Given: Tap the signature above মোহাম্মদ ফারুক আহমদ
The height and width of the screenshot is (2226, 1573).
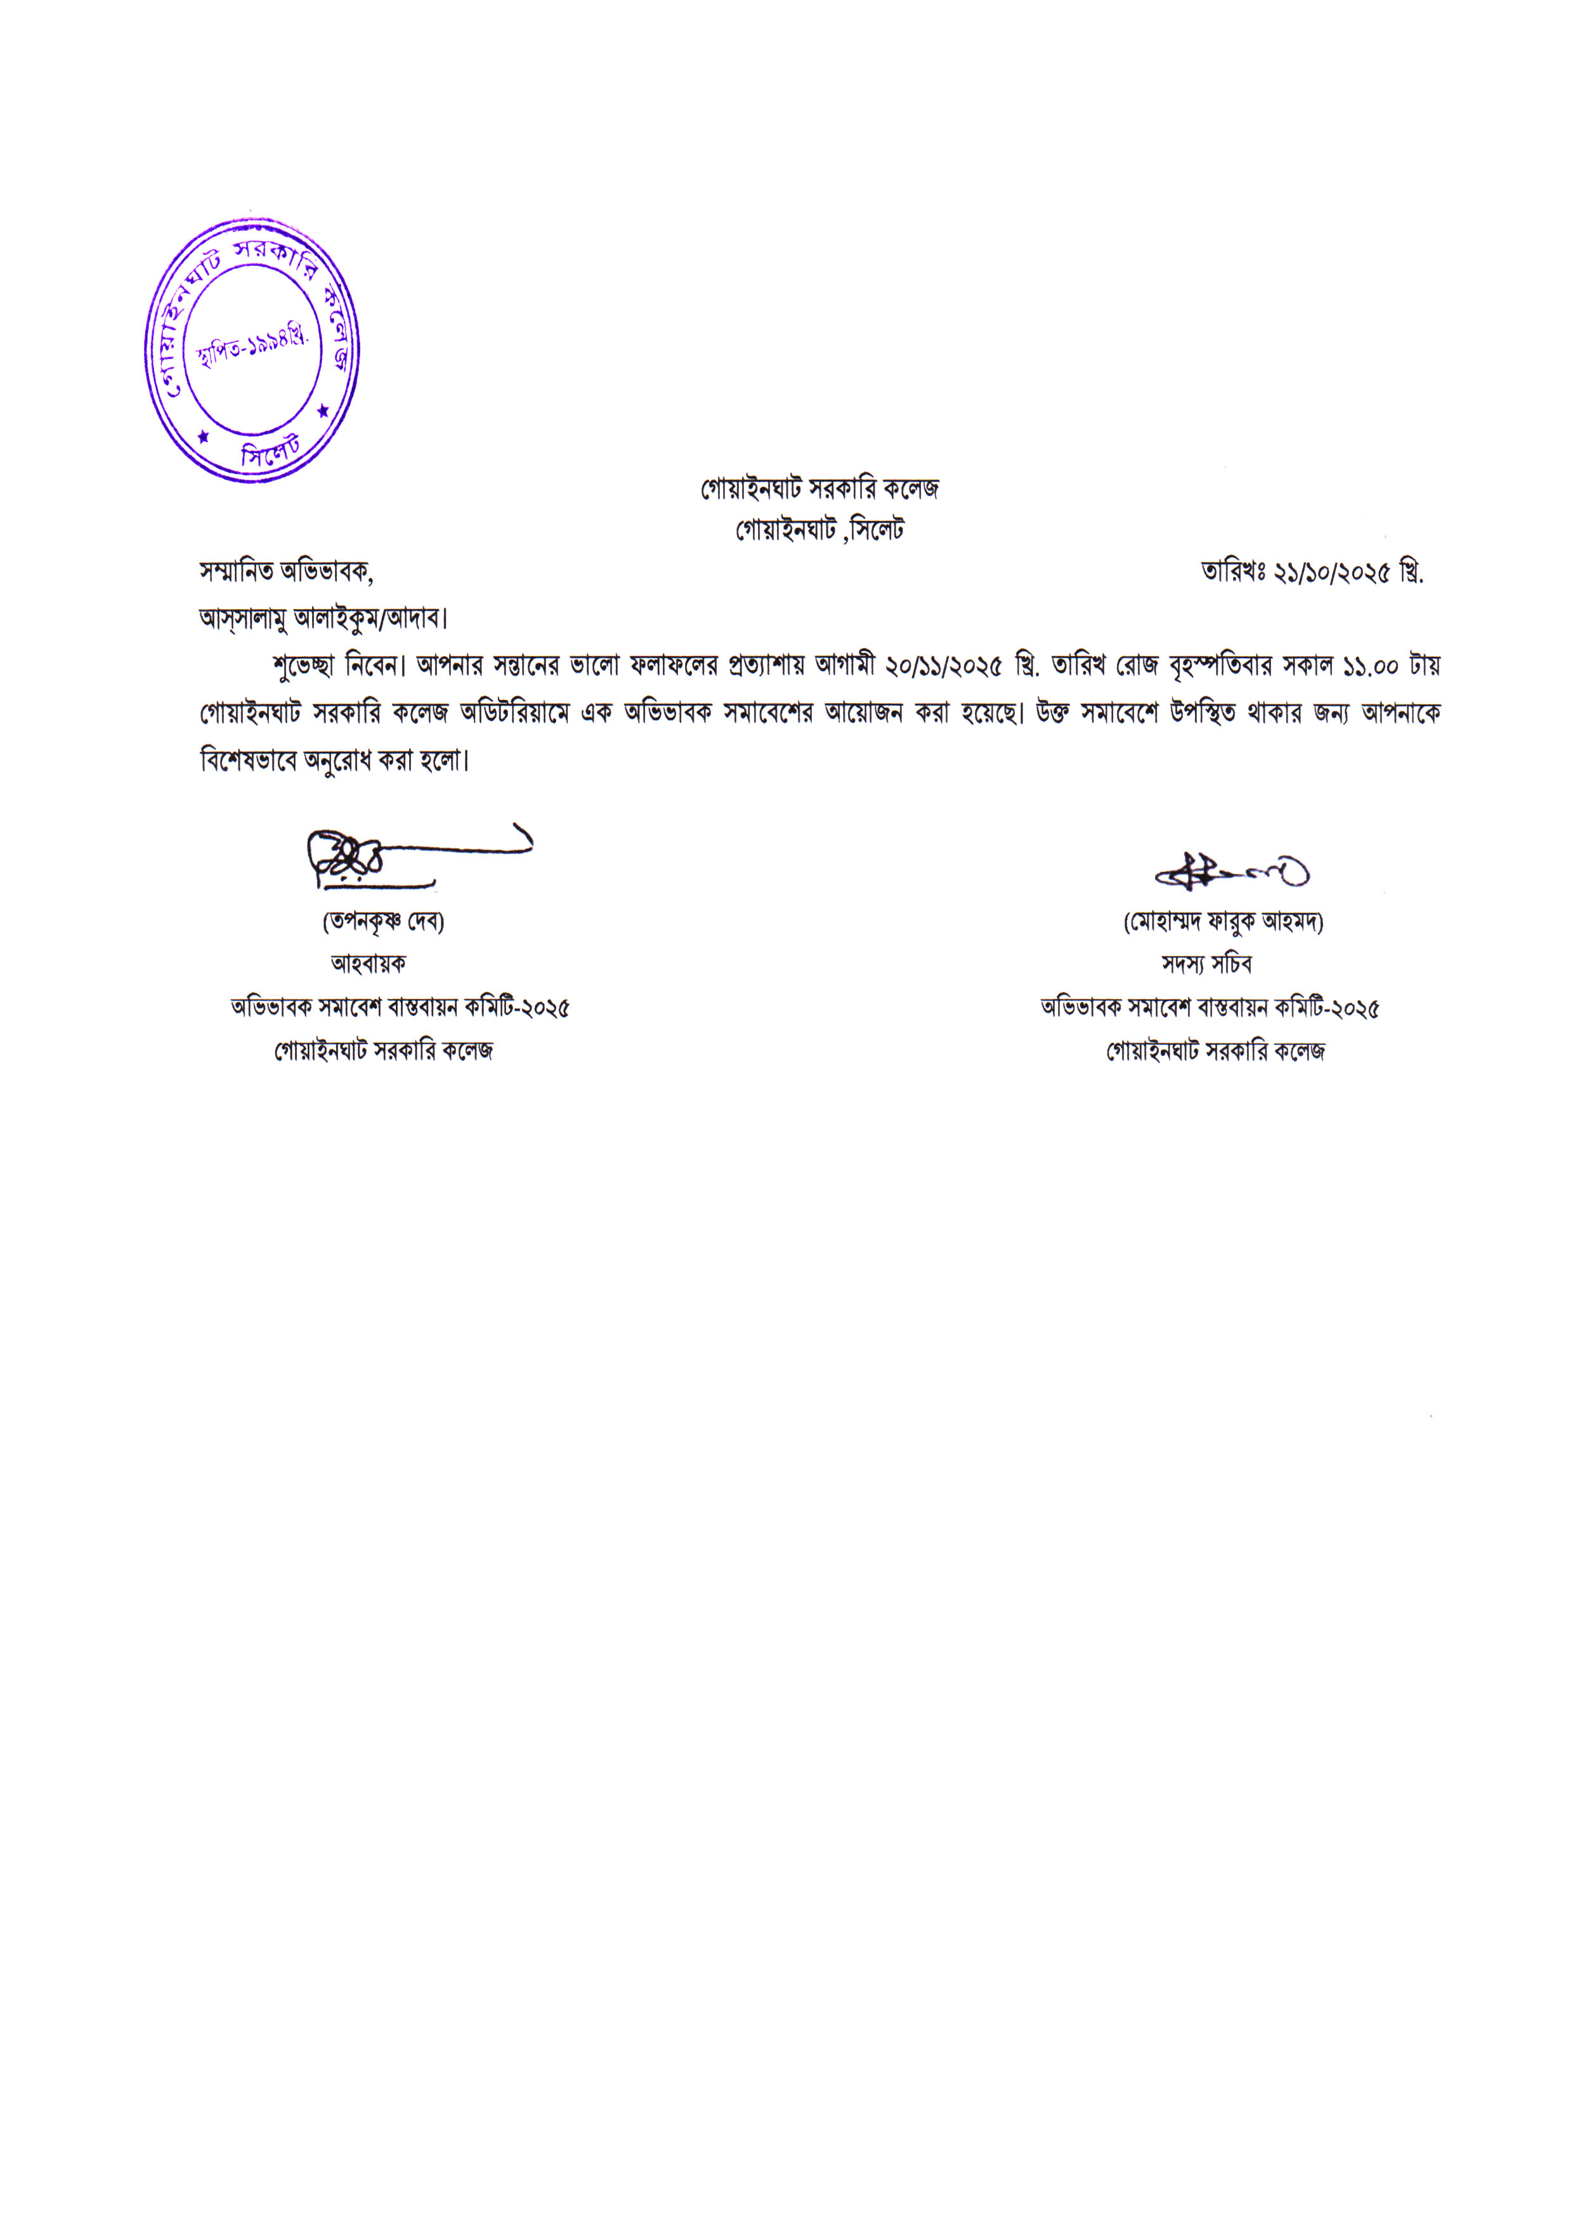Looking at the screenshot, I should point(1231,873).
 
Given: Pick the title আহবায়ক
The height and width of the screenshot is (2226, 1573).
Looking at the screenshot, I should point(369,964).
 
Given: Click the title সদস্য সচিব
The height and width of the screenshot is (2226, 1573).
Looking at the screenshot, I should point(1206,964).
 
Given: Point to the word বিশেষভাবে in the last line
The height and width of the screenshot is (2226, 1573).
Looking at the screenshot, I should point(248,760).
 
